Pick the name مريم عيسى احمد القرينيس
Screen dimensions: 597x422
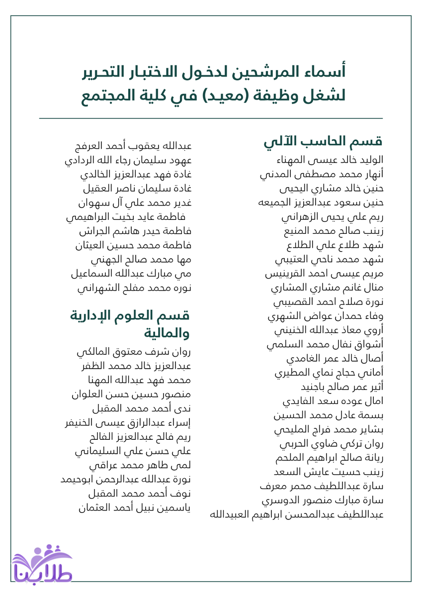pos(324,274)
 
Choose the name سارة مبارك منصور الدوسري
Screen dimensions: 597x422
pos(323,499)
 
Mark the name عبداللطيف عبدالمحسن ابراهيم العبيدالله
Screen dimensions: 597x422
pos(297,514)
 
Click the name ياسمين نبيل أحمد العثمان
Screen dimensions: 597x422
pos(135,508)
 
